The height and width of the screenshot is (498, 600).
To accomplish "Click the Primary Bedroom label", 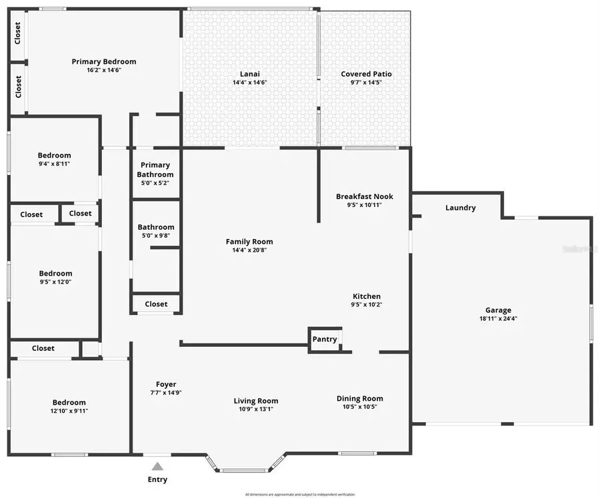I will [104, 62].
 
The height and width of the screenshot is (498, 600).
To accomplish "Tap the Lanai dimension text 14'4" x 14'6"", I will [249, 83].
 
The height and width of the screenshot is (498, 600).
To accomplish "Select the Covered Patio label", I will [366, 74].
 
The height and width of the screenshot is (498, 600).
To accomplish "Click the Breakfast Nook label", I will [364, 196].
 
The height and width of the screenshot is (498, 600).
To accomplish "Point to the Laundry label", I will [460, 208].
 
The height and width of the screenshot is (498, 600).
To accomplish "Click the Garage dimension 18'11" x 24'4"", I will [498, 318].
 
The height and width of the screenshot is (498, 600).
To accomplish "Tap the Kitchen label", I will [366, 296].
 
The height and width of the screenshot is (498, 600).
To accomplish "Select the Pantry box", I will [325, 339].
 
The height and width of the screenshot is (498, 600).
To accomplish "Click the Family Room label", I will [249, 242].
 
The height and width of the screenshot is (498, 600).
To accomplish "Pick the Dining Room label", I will [359, 398].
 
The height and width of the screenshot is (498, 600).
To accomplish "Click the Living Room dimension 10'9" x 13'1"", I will [256, 409].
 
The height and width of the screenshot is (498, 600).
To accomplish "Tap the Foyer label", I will [166, 384].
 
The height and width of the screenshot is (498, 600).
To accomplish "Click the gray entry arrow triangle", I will [157, 467].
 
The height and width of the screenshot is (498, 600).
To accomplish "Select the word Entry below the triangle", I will [157, 479].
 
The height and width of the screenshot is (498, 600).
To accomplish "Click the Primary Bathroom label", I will [155, 170].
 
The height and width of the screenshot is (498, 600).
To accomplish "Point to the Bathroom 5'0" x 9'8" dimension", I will [155, 235].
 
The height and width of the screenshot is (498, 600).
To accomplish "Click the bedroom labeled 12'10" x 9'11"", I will [69, 406].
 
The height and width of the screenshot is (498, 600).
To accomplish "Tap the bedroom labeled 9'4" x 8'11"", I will [54, 160].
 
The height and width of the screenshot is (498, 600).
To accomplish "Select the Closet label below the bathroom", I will [156, 304].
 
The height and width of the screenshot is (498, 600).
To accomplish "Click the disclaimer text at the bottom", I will [299, 494].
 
